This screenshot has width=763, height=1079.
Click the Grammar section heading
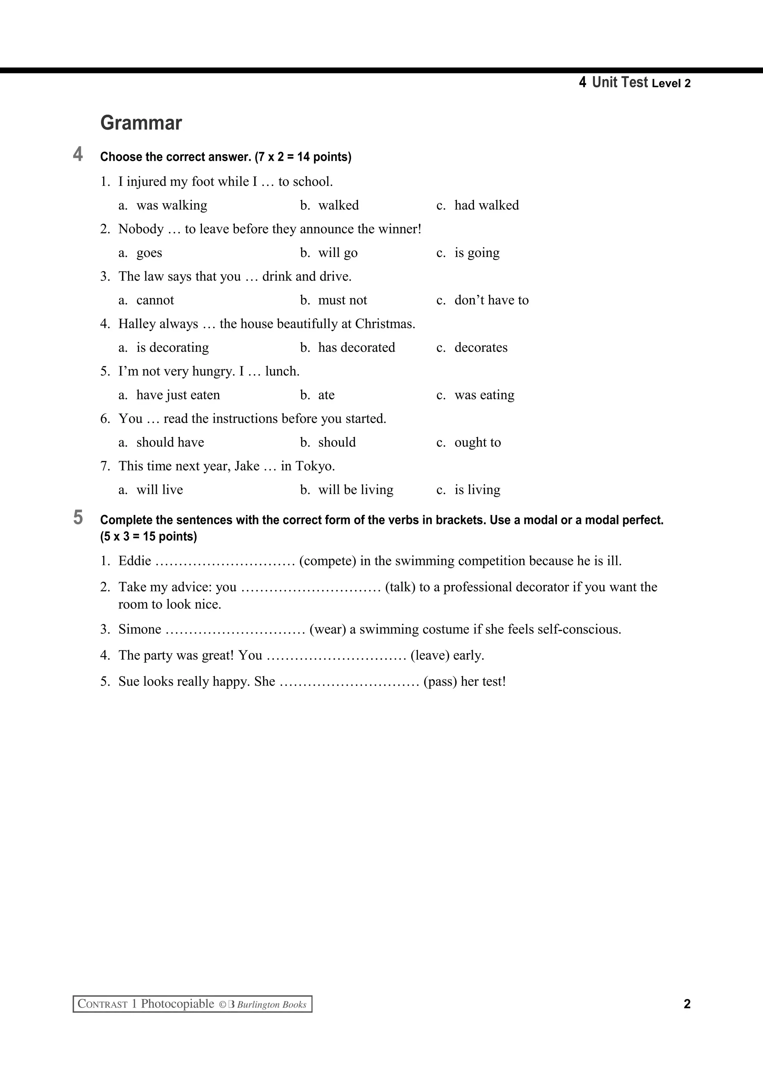tap(141, 123)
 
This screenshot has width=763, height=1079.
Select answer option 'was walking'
tap(172, 206)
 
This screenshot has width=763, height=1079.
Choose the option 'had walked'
tap(487, 206)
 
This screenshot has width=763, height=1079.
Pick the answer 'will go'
tap(338, 253)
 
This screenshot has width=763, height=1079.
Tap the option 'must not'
tap(342, 300)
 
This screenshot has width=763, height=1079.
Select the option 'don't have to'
tap(491, 300)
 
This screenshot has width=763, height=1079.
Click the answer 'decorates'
tap(481, 348)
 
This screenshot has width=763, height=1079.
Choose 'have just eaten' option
tap(178, 395)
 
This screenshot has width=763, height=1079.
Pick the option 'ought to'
tap(478, 443)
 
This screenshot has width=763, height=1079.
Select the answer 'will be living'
tap(355, 490)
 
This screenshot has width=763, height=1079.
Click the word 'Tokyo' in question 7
tap(314, 466)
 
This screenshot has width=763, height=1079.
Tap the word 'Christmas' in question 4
tap(384, 324)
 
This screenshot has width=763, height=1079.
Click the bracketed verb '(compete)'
tap(328, 561)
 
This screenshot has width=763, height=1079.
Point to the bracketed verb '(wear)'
tap(328, 629)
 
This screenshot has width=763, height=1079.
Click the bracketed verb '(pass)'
tap(440, 681)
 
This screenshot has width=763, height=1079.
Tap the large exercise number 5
tap(78, 518)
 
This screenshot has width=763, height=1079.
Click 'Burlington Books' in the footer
tap(272, 1005)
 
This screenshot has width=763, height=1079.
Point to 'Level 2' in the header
tap(671, 84)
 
